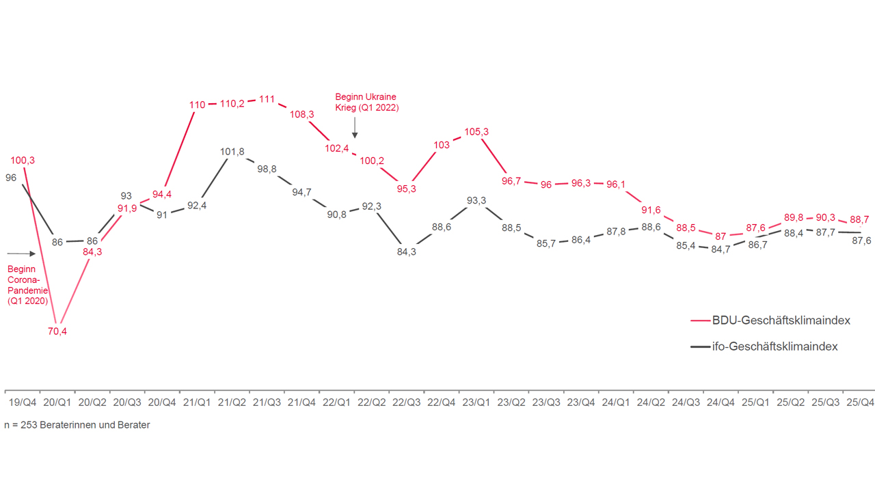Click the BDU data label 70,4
(57, 332)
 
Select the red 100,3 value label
(23, 161)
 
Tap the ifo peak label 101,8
(232, 152)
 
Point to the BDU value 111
(267, 100)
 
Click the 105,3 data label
(476, 132)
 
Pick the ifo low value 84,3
(406, 251)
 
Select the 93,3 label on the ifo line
(476, 200)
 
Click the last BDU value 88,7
(859, 219)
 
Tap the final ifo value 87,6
(859, 241)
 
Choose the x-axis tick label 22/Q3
(407, 403)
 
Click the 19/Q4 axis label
(23, 403)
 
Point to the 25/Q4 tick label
(860, 403)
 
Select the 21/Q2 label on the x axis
(232, 403)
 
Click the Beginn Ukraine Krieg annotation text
(366, 102)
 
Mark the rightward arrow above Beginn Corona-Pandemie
(21, 254)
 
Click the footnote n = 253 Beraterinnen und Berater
(77, 425)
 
